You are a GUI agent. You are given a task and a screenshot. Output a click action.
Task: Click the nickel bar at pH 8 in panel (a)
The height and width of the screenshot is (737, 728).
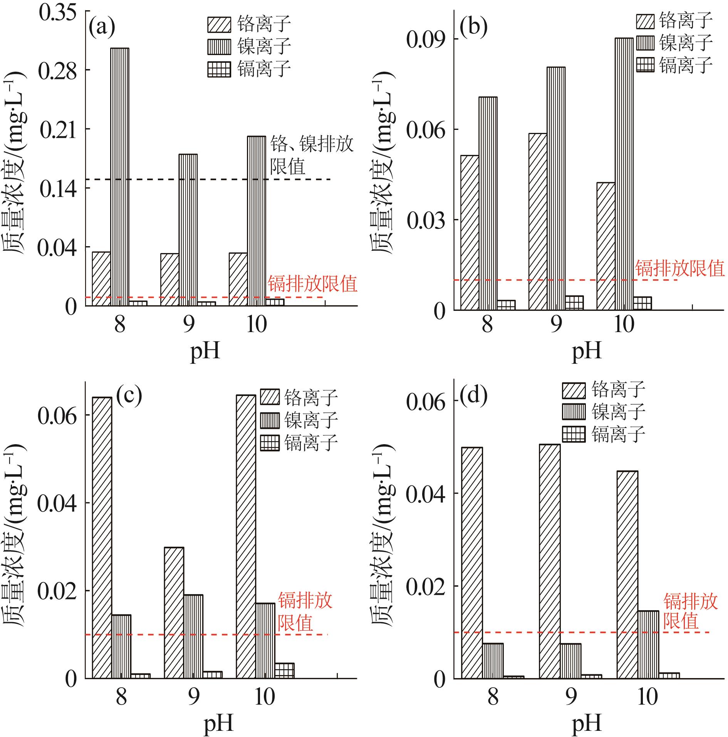click(120, 177)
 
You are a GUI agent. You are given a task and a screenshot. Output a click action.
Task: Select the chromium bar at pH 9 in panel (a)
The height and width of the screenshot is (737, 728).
click(169, 279)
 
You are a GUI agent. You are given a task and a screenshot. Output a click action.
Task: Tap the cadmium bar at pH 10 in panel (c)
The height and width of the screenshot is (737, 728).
click(285, 670)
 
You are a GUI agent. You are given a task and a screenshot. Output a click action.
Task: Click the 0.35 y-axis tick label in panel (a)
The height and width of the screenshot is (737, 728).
click(58, 13)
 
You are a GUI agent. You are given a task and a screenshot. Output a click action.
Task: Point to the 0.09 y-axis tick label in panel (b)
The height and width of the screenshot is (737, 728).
click(426, 40)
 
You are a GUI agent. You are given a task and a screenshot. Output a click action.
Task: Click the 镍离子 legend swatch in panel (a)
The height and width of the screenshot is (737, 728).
click(219, 46)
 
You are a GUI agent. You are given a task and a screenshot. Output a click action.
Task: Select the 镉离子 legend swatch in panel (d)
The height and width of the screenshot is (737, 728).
click(574, 434)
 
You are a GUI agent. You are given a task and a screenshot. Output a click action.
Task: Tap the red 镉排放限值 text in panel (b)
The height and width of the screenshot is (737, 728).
click(680, 268)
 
